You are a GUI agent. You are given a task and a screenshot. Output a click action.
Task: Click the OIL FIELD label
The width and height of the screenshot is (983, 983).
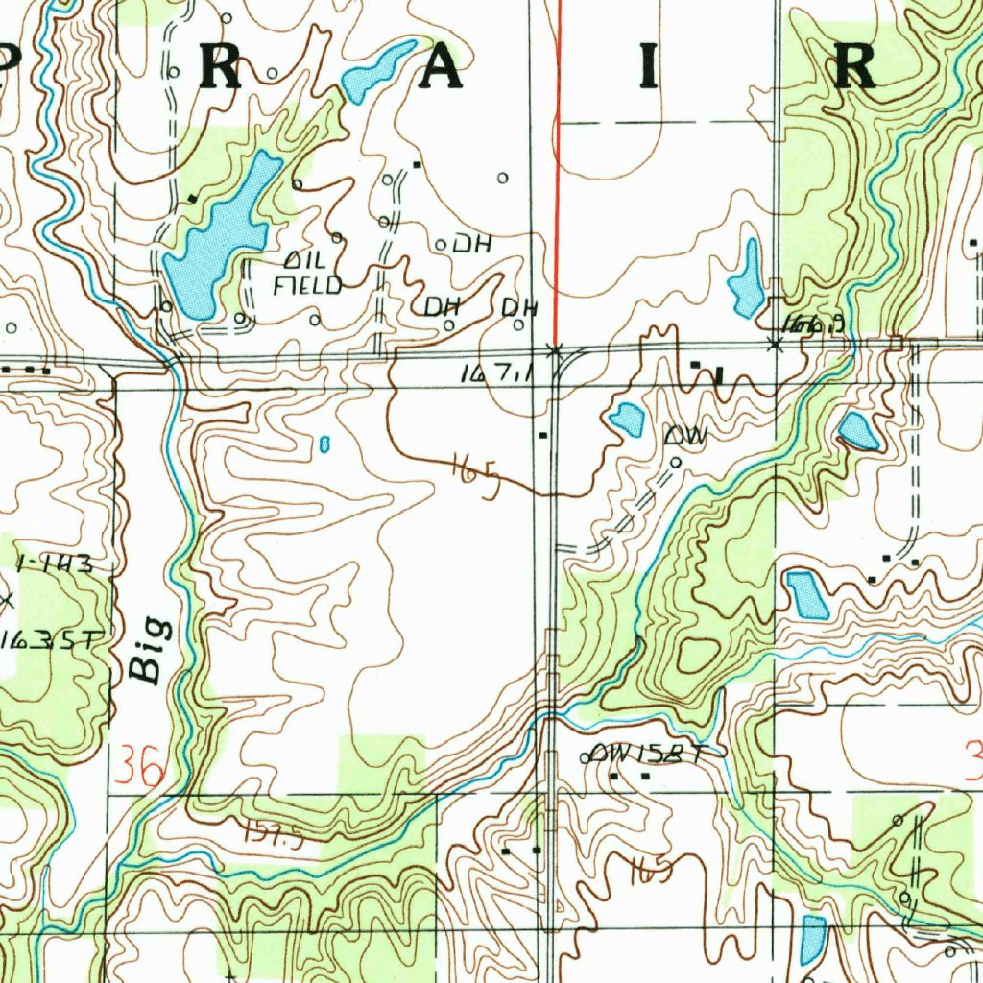click(308, 273)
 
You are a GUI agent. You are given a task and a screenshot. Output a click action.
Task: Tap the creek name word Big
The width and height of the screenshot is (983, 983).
click(149, 651)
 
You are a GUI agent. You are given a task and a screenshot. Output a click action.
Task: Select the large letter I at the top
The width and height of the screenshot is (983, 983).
click(652, 67)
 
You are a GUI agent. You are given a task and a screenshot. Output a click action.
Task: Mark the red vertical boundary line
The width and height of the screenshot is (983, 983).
click(557, 173)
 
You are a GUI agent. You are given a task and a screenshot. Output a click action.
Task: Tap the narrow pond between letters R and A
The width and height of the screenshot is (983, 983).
click(379, 72)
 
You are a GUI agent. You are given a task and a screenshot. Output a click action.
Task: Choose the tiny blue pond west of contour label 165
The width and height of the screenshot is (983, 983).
click(324, 444)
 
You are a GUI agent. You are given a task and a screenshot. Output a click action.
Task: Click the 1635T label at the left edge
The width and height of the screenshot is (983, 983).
click(48, 639)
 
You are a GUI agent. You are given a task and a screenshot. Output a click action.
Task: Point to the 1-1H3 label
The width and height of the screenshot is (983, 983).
click(56, 564)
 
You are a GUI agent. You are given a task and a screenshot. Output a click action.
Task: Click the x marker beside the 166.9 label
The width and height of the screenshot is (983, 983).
click(776, 344)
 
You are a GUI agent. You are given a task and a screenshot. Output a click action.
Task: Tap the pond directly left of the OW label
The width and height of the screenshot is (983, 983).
click(627, 420)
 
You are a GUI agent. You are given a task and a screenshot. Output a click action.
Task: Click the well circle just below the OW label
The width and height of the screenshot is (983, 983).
click(675, 462)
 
